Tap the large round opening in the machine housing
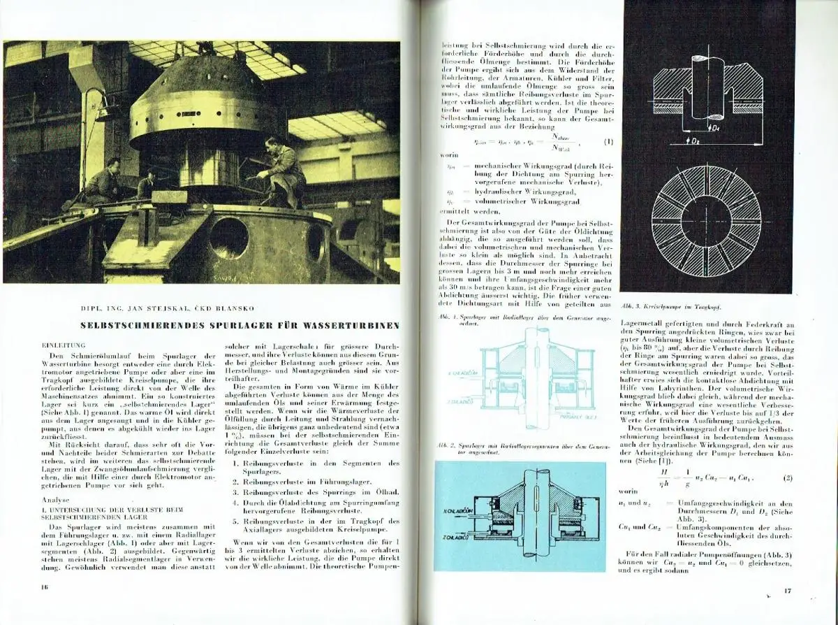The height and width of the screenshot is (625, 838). (x=228, y=238)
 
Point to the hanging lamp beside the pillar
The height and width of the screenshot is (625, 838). (x=105, y=112)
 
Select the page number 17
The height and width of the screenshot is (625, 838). (x=787, y=591)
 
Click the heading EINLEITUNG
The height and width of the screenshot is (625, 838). (x=64, y=345)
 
